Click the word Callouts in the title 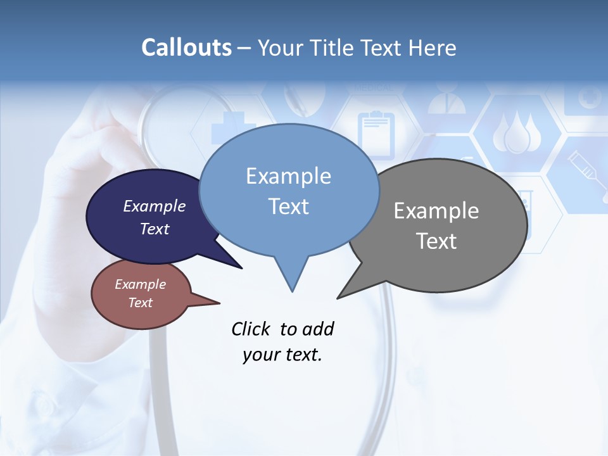(x=186, y=47)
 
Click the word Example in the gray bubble (x=436, y=211)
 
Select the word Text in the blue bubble (x=289, y=206)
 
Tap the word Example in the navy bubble (x=154, y=206)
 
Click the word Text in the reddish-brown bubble (x=140, y=303)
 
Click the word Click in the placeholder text (x=251, y=329)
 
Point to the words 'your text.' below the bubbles (x=282, y=355)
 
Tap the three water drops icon (x=516, y=133)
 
